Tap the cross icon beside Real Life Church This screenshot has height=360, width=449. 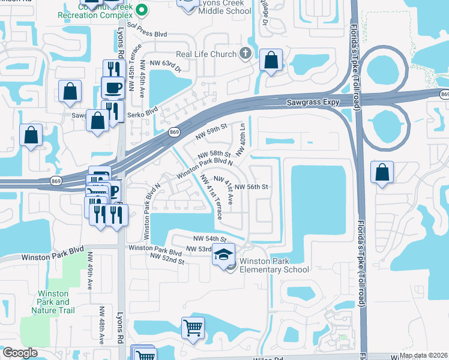point(244,54)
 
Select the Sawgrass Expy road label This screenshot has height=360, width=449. point(312,103)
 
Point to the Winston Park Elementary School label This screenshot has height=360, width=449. point(274,265)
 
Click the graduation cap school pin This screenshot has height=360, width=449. point(223,255)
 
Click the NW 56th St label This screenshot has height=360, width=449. point(250,187)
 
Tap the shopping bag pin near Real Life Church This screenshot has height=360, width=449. point(271,61)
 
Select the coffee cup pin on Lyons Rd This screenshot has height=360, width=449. point(112,88)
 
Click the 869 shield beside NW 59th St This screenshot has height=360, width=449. point(173,133)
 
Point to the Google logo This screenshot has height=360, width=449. point(20,353)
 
